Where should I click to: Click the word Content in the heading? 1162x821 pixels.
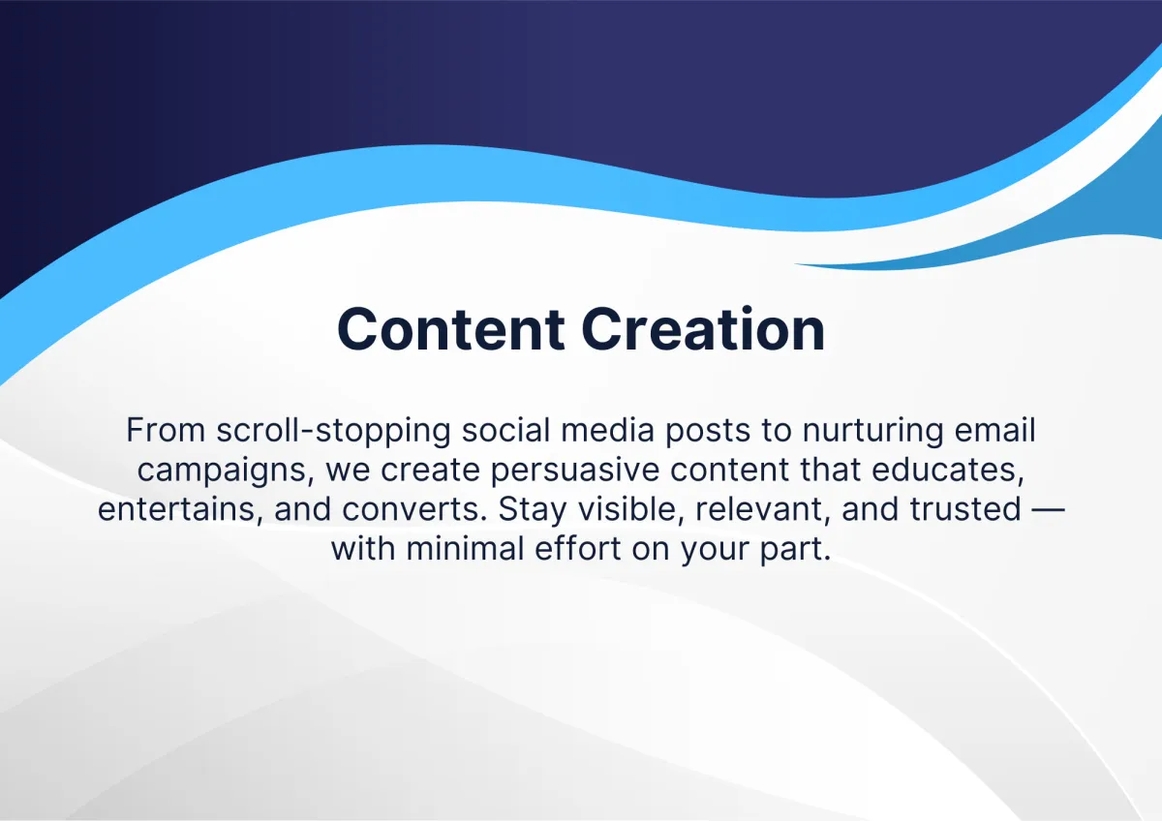point(451,330)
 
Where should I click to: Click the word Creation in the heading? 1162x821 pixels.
point(703,330)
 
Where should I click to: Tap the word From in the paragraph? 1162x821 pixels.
point(166,431)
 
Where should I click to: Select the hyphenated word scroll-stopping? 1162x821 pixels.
point(333,432)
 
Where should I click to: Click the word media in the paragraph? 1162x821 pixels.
point(607,430)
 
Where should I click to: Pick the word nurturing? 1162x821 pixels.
point(872,432)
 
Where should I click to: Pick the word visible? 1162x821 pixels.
point(630,509)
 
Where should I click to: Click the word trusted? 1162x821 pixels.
point(965,509)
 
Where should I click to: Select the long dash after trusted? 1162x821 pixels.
point(1049,510)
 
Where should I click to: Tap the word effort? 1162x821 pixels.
point(577,549)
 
